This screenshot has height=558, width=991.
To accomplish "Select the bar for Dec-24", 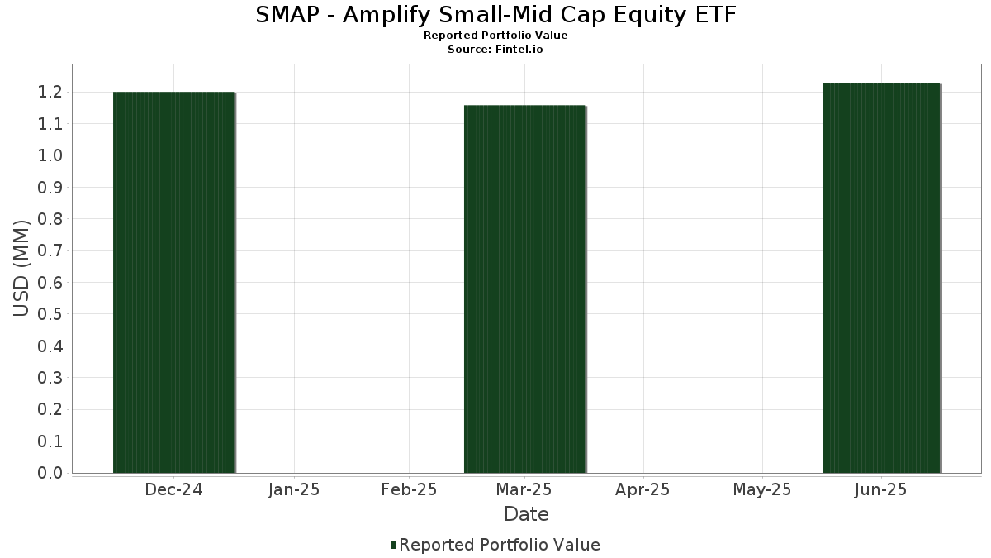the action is pos(174,283).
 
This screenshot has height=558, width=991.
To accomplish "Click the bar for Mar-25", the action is pos(524,289).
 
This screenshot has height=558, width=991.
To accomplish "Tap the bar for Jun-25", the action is pos(881,278).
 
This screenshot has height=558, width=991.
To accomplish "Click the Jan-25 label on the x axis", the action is pos(294,489).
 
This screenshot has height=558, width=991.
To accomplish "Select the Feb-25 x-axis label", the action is pos(409,489).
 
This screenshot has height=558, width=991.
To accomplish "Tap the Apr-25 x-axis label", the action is pos(642,489).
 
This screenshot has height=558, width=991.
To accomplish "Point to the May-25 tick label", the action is pos(761,489).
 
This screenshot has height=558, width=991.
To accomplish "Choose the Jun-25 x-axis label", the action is pos(881,489).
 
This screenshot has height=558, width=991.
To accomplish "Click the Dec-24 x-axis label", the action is pos(174,489).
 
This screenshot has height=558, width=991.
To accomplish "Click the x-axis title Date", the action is pos(527,514).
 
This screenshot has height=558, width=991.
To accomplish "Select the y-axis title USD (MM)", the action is pos(21,269).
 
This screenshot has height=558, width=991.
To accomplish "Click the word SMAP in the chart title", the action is pos(287,15).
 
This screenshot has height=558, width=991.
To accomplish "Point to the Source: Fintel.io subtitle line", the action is pos(495,49).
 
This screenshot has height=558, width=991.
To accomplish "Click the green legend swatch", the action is pos(393,545).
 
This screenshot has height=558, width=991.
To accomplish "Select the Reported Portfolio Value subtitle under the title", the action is pos(495,36).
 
